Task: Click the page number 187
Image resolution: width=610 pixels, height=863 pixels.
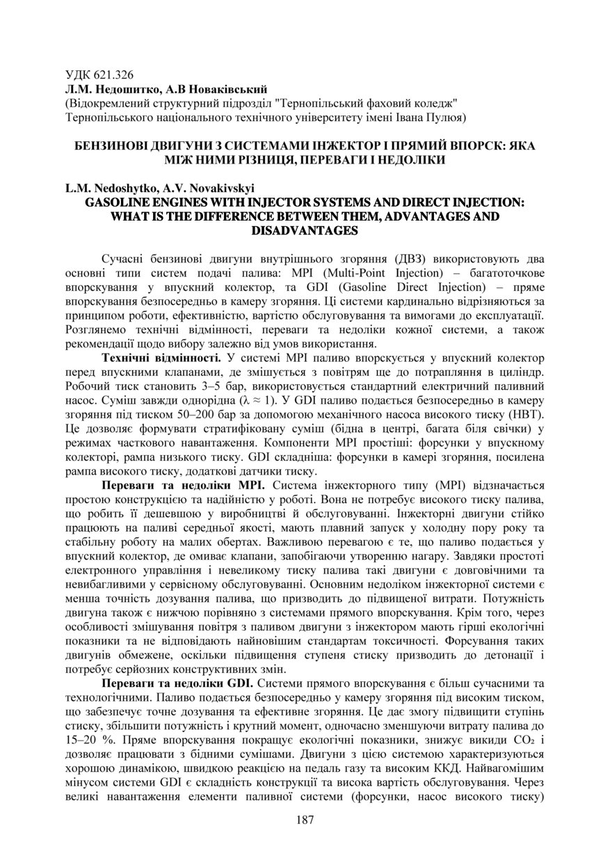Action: tap(305, 820)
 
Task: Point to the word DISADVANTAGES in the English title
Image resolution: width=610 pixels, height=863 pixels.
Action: tap(305, 230)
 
